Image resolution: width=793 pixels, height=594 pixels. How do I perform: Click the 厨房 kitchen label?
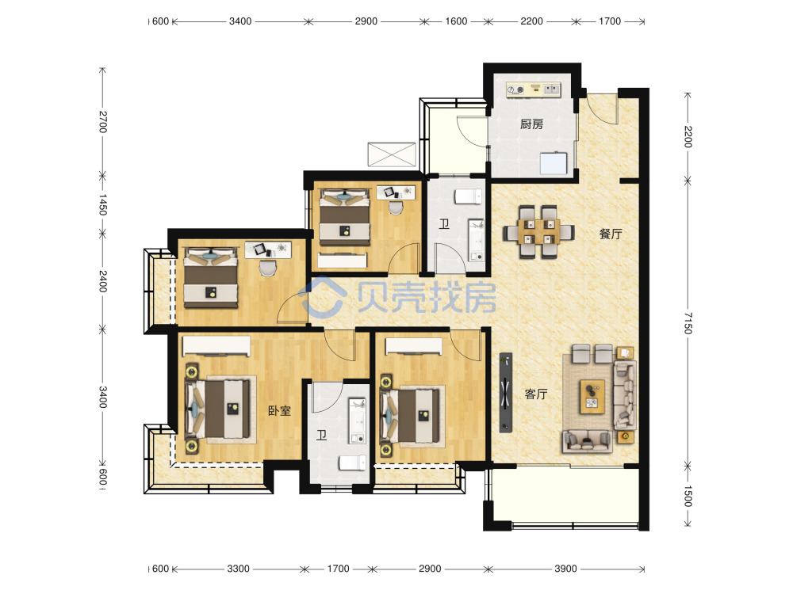click(x=531, y=124)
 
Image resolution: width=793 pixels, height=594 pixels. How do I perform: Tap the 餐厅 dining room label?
click(x=611, y=234)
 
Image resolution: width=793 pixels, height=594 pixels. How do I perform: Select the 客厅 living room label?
click(x=535, y=394)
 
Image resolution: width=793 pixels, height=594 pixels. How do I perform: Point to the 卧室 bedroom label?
click(x=280, y=410)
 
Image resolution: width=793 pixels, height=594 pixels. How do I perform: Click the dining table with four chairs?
click(x=538, y=232)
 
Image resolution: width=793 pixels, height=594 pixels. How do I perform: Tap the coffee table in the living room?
click(x=592, y=397)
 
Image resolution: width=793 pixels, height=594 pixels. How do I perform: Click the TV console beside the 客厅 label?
click(x=506, y=393)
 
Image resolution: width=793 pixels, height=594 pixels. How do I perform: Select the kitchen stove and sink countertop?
click(x=533, y=89)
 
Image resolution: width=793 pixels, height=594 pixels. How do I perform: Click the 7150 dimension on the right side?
click(x=688, y=323)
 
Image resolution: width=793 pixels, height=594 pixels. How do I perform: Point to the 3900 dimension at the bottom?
click(x=565, y=569)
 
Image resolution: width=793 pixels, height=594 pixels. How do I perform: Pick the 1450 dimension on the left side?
click(x=102, y=204)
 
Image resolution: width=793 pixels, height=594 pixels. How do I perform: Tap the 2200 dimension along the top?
click(x=531, y=21)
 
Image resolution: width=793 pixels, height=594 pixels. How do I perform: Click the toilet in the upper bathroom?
click(x=469, y=196)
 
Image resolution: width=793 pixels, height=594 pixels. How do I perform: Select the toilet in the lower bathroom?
click(x=353, y=463)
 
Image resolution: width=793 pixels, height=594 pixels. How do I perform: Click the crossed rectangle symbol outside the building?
click(x=392, y=154)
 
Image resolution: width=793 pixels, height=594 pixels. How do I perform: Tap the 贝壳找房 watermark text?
click(x=427, y=297)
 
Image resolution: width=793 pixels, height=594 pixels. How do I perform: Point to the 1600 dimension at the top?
click(x=456, y=21)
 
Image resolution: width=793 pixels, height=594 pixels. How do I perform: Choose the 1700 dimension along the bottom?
click(x=338, y=569)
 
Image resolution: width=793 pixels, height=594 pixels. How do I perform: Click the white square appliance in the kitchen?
click(x=554, y=162)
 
